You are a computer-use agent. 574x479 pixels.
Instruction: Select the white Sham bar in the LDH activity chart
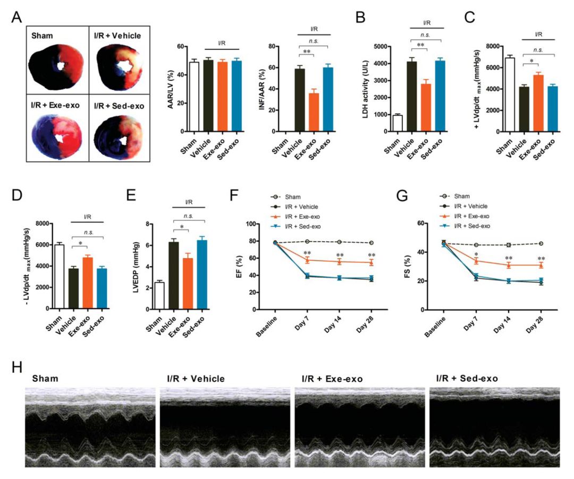398,123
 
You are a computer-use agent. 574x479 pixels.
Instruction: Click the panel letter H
17,367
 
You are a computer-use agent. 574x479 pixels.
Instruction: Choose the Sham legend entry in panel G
454,196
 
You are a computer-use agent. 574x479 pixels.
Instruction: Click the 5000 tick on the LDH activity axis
381,46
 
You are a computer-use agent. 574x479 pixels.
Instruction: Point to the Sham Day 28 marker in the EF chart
372,243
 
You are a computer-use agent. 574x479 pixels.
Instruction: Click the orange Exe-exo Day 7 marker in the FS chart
476,261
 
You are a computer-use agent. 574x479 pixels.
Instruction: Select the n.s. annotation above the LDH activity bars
425,35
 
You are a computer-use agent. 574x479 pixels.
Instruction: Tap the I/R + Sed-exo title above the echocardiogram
467,378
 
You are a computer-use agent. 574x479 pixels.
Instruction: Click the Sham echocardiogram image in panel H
90,427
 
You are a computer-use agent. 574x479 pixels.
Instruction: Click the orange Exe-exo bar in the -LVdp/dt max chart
88,283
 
